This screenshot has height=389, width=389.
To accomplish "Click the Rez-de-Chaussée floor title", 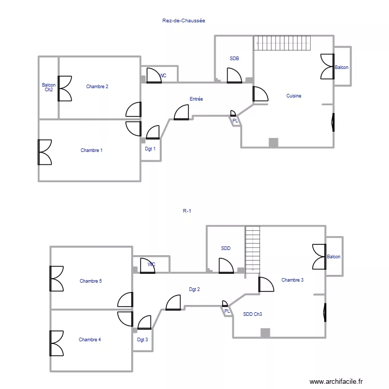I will [x=184, y=21].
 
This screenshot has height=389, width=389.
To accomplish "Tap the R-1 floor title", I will [x=187, y=211].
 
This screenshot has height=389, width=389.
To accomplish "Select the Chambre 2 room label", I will [x=97, y=87].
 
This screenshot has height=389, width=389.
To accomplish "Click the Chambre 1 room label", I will [x=91, y=150].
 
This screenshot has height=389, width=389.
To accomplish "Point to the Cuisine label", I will [x=294, y=96].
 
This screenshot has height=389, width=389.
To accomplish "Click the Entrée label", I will [x=196, y=99].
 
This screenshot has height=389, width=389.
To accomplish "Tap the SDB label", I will [x=234, y=59].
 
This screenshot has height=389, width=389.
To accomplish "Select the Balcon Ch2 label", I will [x=49, y=88].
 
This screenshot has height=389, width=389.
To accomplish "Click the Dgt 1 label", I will [x=150, y=149].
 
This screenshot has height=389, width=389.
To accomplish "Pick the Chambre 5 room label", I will [x=90, y=281].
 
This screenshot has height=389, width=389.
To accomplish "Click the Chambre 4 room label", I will [x=90, y=340].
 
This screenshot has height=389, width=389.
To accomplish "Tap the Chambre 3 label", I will [x=293, y=280].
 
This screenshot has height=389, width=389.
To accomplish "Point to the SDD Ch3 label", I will [x=253, y=314].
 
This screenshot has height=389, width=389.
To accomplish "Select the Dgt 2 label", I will [x=195, y=289].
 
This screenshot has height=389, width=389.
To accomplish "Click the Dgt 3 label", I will [x=142, y=340].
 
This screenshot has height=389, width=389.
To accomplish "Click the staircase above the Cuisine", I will [x=282, y=43].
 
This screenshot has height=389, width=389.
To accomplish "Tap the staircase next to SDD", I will [x=253, y=249].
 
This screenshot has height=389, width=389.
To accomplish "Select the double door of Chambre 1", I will [x=45, y=152].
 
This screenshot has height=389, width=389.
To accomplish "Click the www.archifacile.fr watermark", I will [x=337, y=382].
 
